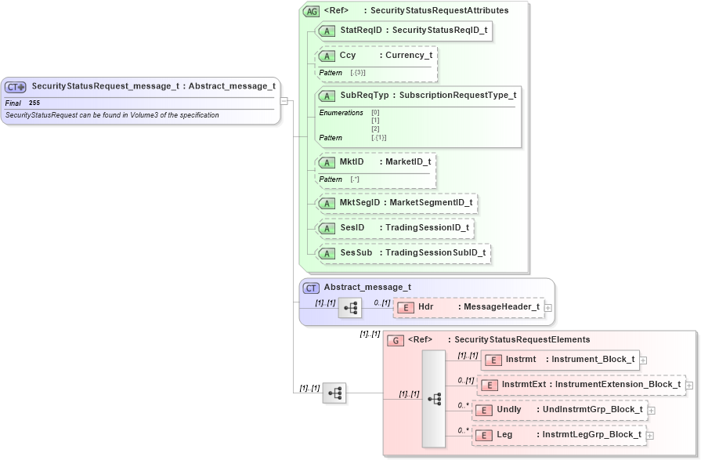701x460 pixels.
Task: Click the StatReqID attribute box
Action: coord(403,31)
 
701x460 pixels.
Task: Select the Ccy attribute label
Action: coord(347,56)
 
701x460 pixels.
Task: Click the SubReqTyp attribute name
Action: coord(365,96)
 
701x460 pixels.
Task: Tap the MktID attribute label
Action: coord(352,162)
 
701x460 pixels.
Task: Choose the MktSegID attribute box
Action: coord(396,203)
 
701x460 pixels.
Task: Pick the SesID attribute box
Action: coord(395,228)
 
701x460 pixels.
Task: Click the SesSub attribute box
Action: coord(403,253)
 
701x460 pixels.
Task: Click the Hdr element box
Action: coord(468,307)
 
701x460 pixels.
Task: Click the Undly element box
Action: coord(559,410)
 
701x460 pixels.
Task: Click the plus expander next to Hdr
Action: coord(548,308)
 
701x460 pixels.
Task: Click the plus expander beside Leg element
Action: coord(649,436)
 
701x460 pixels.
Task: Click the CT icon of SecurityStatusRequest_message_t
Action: coord(16,87)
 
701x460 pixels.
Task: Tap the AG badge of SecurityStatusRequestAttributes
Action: coord(311,11)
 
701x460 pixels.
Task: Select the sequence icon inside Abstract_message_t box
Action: coord(349,308)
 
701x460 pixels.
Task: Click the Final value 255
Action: coord(34,103)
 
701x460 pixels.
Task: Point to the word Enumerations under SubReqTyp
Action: coord(341,113)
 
